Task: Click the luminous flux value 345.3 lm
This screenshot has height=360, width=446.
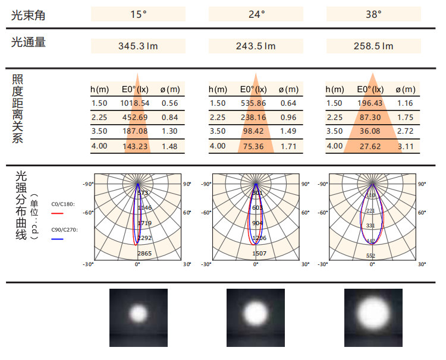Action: (138, 46)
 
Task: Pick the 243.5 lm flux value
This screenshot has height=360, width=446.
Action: (256, 46)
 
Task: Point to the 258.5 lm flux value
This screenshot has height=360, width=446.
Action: (373, 46)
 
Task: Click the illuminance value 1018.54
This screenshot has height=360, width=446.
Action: (136, 103)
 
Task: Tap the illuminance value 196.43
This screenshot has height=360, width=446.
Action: (370, 103)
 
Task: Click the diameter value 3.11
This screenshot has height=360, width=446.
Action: (406, 146)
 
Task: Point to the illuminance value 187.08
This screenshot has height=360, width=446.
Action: (136, 131)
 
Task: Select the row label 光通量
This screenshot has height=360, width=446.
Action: (28, 42)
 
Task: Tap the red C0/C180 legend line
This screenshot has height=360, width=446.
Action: (56, 212)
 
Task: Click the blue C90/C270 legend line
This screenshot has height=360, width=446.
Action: (56, 238)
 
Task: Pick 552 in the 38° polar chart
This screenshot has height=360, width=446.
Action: (370, 255)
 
